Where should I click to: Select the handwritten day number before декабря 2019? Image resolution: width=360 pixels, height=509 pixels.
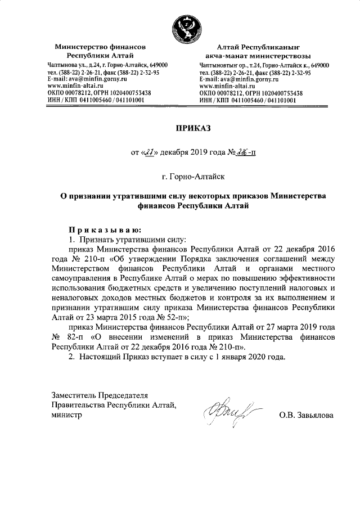point(150,151)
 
